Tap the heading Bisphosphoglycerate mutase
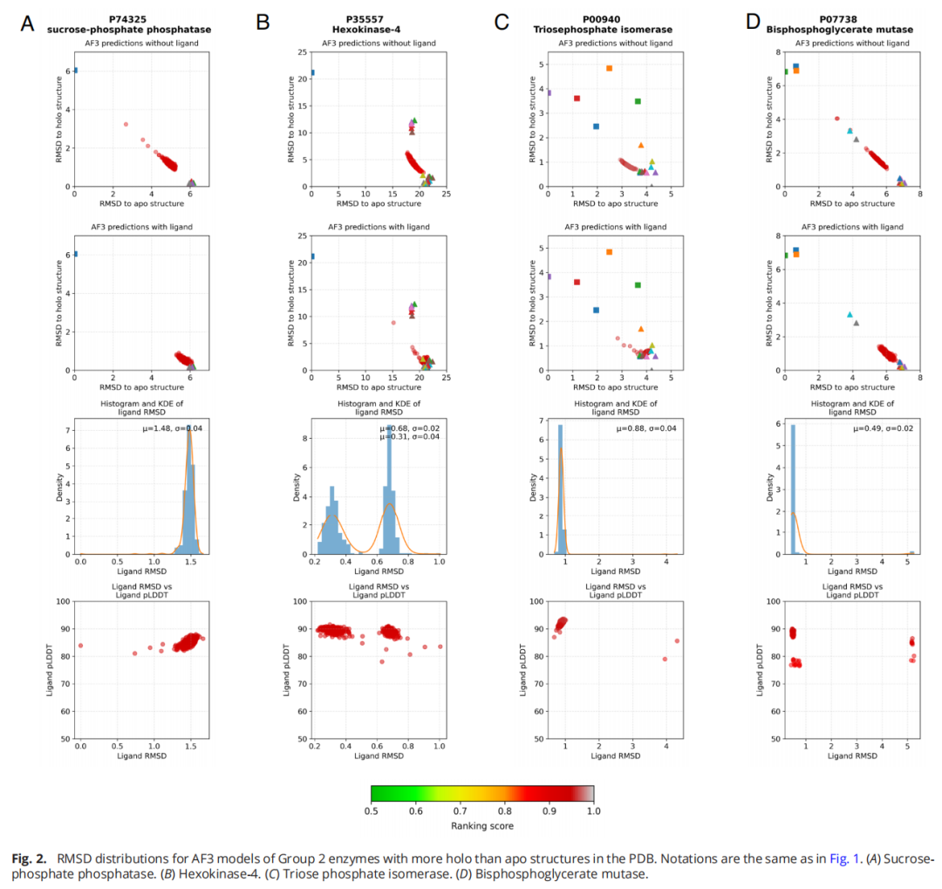[840, 30]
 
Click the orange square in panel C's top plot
[609, 68]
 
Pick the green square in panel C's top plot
[638, 101]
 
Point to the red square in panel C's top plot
[577, 99]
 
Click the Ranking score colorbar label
[481, 825]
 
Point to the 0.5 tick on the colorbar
[371, 810]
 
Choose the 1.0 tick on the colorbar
[593, 810]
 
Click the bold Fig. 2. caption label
[31, 859]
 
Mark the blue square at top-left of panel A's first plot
[75, 71]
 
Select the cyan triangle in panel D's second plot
[850, 315]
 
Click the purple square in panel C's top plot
[548, 92]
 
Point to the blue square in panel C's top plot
[596, 127]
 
